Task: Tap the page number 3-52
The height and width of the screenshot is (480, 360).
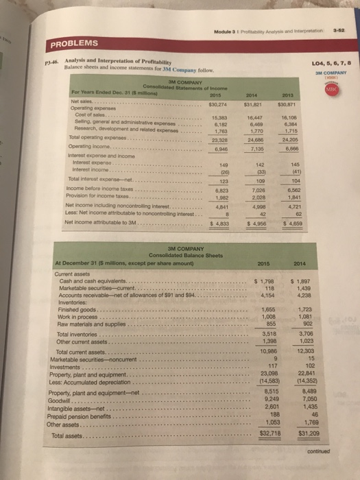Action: pyautogui.click(x=335, y=9)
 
